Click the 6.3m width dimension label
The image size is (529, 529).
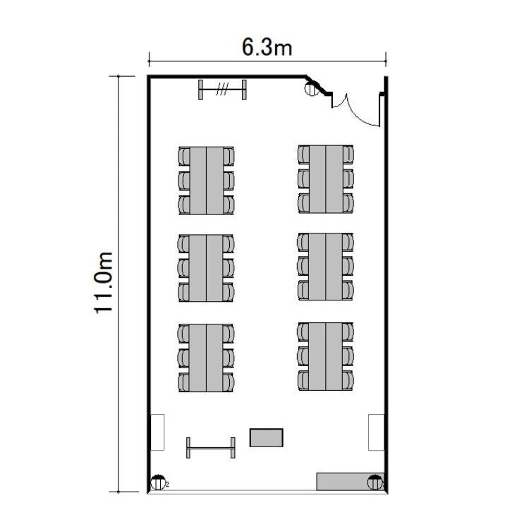(267, 47)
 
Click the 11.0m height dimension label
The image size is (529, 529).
(103, 283)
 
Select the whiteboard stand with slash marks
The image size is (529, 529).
(222, 90)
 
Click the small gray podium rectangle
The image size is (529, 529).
(266, 437)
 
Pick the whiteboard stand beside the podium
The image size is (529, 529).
(211, 448)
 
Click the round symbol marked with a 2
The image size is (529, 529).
(158, 482)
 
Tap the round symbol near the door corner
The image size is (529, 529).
(312, 88)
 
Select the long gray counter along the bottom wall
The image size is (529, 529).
(350, 482)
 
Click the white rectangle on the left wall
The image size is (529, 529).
(157, 432)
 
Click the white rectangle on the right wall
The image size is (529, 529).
(376, 432)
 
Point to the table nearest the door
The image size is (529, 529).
(326, 179)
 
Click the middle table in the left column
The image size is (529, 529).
(206, 268)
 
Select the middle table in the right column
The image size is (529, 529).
(326, 267)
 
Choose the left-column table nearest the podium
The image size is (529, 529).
(206, 358)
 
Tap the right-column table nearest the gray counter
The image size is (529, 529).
(326, 356)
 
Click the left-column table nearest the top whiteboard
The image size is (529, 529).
(206, 181)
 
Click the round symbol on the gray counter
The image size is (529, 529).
(375, 482)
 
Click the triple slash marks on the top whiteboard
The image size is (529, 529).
(222, 89)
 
